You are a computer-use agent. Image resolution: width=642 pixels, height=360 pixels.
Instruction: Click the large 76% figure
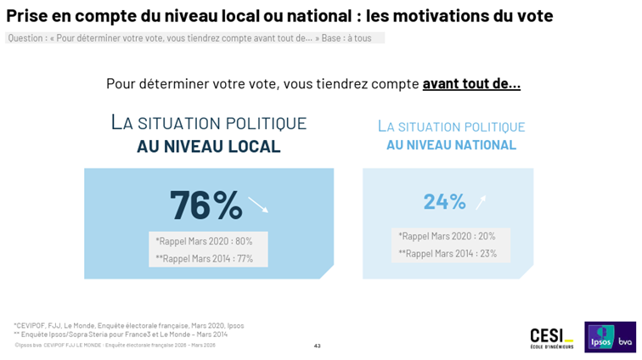206,205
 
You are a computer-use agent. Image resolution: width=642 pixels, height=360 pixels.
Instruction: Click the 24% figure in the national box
444,201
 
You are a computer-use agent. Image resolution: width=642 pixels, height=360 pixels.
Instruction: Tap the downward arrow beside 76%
258,205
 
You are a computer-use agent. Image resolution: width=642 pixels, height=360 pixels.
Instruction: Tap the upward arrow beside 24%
481,201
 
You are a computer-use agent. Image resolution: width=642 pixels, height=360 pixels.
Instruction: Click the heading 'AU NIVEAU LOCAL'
208,147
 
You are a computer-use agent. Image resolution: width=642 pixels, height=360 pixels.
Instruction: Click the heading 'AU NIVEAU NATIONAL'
451,145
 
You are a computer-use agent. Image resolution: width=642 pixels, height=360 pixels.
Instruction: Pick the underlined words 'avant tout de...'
471,83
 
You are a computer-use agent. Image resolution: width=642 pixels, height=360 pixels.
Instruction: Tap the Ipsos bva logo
610,336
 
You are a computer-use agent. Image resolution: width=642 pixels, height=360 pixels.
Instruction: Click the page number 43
317,346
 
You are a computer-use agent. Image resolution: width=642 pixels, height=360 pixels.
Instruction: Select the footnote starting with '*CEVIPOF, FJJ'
128,325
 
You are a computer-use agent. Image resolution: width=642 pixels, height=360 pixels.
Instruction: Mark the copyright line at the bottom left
114,345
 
